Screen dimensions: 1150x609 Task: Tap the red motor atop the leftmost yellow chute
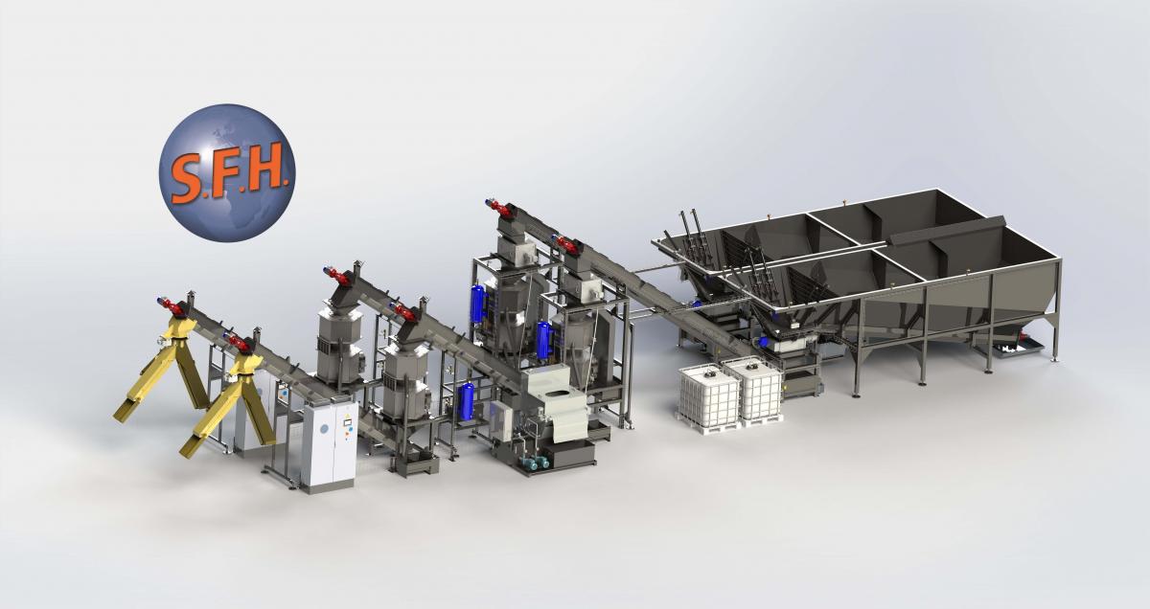pos(170,305)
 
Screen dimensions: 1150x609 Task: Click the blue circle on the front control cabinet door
pos(324,428)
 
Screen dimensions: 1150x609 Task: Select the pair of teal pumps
pos(534,462)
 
